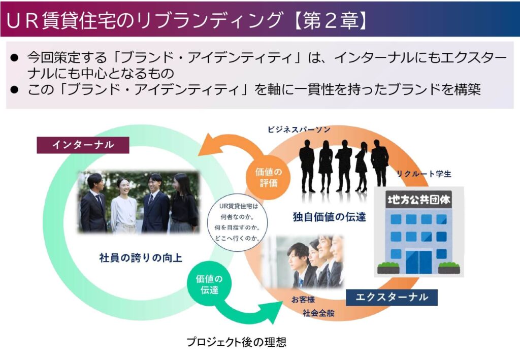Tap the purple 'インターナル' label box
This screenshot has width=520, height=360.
(83, 145)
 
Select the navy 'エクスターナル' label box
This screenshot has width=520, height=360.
(391, 297)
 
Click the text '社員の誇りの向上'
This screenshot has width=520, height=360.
(141, 257)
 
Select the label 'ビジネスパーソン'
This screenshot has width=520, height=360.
(299, 130)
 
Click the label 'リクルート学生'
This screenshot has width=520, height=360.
(425, 174)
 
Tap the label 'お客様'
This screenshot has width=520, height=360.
(303, 300)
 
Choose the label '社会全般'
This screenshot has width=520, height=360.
(318, 313)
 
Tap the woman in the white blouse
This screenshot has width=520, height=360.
(123, 206)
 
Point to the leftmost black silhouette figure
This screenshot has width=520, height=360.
(307, 162)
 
